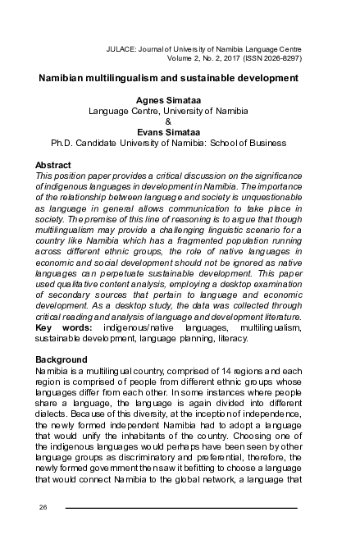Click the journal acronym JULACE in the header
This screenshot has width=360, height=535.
point(122,50)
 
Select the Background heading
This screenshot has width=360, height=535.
point(62,359)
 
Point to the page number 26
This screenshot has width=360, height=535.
point(43,506)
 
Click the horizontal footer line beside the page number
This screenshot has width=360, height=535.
point(180,507)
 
